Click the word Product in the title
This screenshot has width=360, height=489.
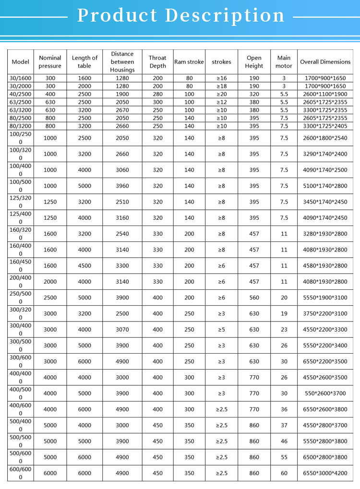point(117,15)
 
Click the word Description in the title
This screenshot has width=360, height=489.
point(225,15)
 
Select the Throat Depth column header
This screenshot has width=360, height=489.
point(157,62)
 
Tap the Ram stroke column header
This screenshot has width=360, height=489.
point(189,62)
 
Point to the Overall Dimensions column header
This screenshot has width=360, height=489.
point(325,62)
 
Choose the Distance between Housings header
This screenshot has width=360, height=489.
point(122,62)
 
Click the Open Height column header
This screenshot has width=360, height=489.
point(254,62)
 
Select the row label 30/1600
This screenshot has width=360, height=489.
point(20,78)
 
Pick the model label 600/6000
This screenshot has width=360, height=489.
point(20,473)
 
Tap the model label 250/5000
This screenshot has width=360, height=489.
point(20,298)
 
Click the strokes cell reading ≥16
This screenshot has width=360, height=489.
point(221,78)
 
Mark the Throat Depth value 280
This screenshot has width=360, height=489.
point(157,94)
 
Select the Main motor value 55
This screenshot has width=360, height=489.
point(284,457)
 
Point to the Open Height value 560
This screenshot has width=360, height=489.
point(254,298)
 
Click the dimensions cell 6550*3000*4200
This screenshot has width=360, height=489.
point(325,473)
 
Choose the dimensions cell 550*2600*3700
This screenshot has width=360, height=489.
point(325,394)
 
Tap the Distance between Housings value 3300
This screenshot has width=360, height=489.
point(122,265)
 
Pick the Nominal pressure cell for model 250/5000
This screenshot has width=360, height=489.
point(50,298)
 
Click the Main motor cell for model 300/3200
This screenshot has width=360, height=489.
point(284,313)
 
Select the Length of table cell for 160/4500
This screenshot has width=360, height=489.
point(84,265)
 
